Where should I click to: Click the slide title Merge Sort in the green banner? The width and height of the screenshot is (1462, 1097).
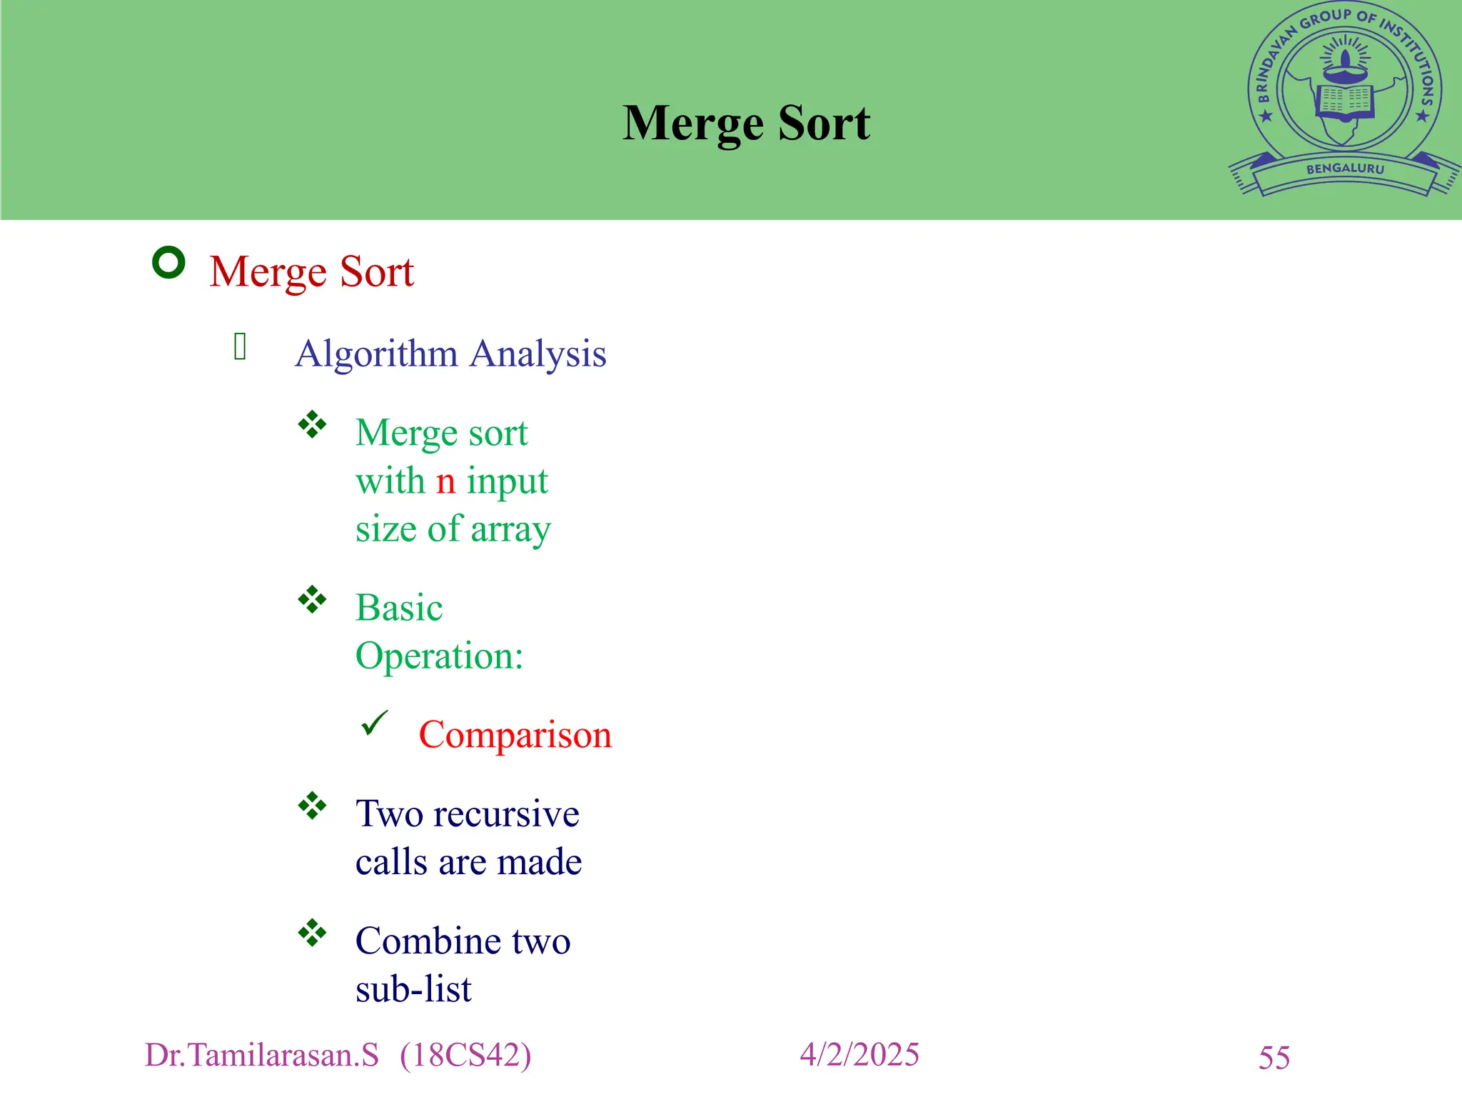coord(746,124)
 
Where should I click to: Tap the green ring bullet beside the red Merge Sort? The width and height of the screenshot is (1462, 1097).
coord(169,263)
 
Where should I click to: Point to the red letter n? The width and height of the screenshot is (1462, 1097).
coord(445,481)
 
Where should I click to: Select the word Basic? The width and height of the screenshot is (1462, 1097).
coord(399,608)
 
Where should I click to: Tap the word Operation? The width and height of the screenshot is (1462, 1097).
coord(439,656)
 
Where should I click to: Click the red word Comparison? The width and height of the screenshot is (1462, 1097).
coord(515,735)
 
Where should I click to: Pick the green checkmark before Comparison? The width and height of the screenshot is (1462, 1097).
coord(374,723)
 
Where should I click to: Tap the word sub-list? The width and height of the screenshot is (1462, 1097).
coord(413,989)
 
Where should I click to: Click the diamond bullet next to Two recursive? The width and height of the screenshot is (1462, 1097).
coord(312,806)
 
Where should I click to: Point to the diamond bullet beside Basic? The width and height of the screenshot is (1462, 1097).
coord(312,599)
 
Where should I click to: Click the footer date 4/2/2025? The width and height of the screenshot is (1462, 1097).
coord(859,1055)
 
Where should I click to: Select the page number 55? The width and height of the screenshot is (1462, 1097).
coord(1274,1058)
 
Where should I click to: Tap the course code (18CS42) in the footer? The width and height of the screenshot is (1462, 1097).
coord(465,1056)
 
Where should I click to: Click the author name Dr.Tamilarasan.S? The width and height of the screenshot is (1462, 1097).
coord(262,1056)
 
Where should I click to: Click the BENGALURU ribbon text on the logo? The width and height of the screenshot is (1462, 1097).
coord(1345,169)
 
